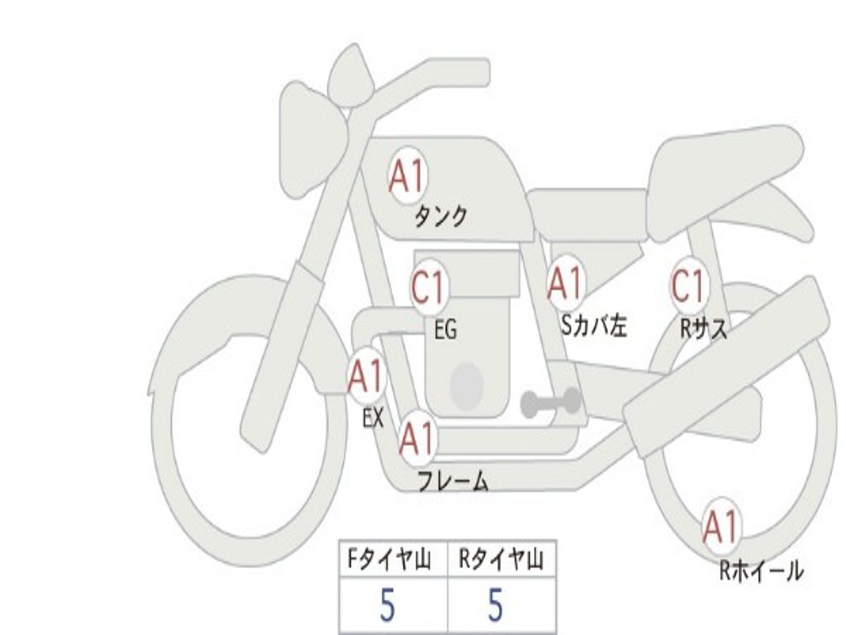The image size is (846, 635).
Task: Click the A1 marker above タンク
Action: click(x=406, y=175)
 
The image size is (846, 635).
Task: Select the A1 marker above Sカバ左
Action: click(x=566, y=284)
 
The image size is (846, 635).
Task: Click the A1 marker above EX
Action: click(x=365, y=377)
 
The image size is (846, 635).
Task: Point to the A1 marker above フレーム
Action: click(x=417, y=438)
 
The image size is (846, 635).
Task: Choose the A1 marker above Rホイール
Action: click(x=720, y=527)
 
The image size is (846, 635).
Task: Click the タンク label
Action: click(x=440, y=217)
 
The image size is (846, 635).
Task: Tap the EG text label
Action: click(x=445, y=331)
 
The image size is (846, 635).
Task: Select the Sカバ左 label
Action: click(x=594, y=326)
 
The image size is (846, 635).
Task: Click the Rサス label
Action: click(x=704, y=329)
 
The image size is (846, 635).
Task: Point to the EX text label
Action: click(x=373, y=418)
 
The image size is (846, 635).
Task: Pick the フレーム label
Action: click(x=453, y=480)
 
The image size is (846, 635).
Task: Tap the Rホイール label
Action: click(x=761, y=571)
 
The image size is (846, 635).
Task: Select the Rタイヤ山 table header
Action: click(x=501, y=561)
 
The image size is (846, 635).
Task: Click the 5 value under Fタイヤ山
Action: click(x=388, y=607)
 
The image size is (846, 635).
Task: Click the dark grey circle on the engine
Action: click(x=466, y=384)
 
